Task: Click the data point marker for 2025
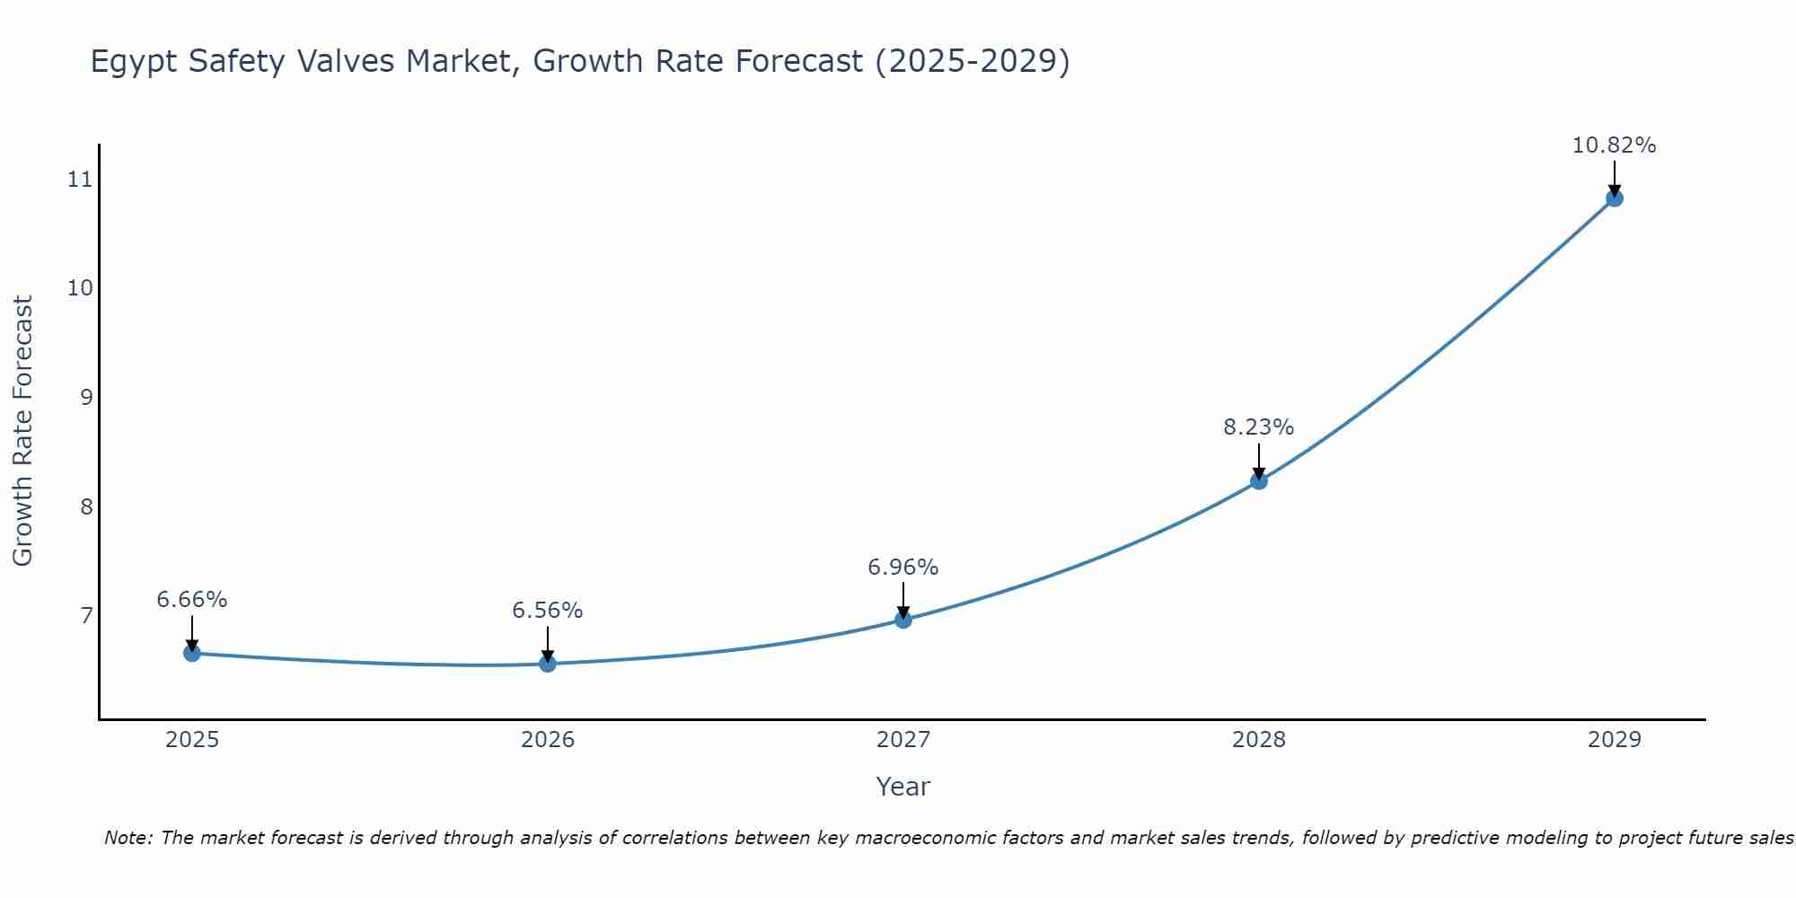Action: point(192,653)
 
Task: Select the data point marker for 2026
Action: point(548,664)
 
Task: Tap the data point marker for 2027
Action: point(903,620)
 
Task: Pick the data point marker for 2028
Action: point(1259,481)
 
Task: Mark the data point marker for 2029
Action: point(1614,198)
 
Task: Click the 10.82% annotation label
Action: point(1614,145)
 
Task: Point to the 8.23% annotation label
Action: point(1259,427)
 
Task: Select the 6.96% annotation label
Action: point(903,568)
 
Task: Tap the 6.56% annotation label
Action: point(548,611)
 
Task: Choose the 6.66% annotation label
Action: point(192,600)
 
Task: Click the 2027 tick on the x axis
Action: point(903,740)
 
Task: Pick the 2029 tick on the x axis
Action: point(1614,740)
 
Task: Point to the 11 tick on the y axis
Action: point(80,180)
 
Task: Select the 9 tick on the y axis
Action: point(86,397)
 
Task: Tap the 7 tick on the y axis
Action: point(86,615)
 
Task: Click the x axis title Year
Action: point(903,787)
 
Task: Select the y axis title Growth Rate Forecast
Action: point(22,431)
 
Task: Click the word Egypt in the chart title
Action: point(130,62)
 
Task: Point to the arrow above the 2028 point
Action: point(1259,460)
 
